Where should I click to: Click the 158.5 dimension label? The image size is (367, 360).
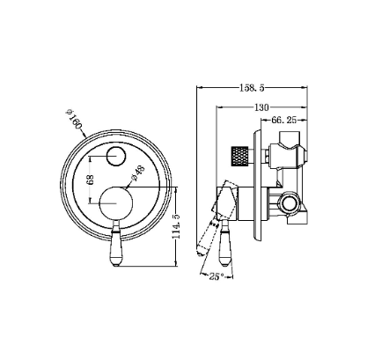click(252, 88)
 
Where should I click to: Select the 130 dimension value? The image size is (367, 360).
click(261, 107)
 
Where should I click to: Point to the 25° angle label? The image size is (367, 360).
click(217, 276)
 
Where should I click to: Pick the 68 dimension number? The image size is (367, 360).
click(91, 180)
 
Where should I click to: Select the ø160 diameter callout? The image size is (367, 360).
click(73, 119)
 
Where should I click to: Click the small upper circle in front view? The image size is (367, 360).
click(116, 157)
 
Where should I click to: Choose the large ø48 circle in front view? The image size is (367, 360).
click(116, 203)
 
